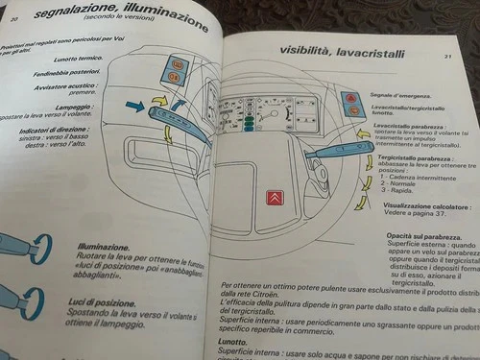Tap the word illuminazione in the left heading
[x=167, y=16]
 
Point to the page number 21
[x=447, y=57]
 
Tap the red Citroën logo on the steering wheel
[x=275, y=199]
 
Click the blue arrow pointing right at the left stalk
[x=134, y=106]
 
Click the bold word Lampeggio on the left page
[x=74, y=108]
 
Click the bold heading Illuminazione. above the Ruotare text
[x=104, y=246]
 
